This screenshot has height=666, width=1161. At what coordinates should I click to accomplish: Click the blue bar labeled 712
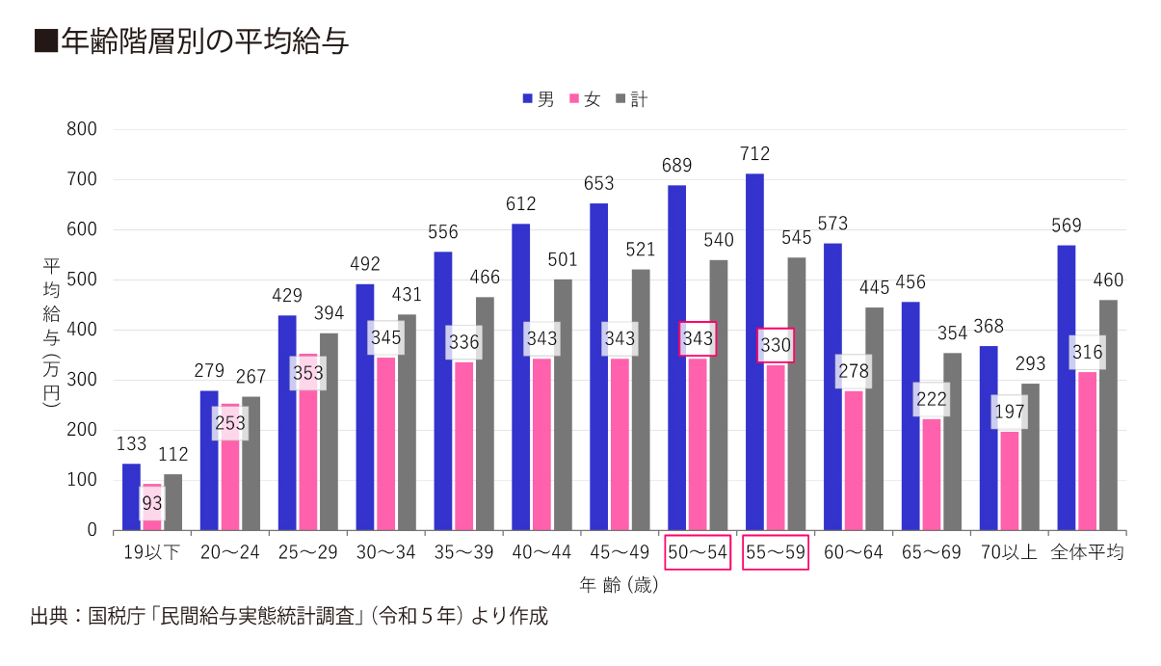(x=754, y=352)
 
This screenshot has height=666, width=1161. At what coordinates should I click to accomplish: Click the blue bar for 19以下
(x=131, y=496)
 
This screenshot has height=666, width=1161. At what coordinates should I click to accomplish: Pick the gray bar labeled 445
(x=874, y=419)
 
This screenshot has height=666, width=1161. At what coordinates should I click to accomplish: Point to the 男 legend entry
(x=538, y=99)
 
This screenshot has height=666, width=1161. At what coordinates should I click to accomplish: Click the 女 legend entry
(x=585, y=99)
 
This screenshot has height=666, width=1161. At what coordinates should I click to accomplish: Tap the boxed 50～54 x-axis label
(x=698, y=552)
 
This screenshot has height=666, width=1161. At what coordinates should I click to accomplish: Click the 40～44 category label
(x=541, y=552)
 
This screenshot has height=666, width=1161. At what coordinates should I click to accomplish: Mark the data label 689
(x=677, y=166)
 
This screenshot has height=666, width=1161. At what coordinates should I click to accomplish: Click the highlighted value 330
(x=776, y=345)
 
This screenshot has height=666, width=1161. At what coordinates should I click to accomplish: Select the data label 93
(x=152, y=502)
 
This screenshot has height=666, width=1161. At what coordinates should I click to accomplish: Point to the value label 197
(x=1009, y=413)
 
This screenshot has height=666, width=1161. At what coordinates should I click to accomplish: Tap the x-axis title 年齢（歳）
(x=619, y=585)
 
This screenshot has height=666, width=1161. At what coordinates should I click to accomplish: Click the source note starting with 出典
(x=289, y=617)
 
